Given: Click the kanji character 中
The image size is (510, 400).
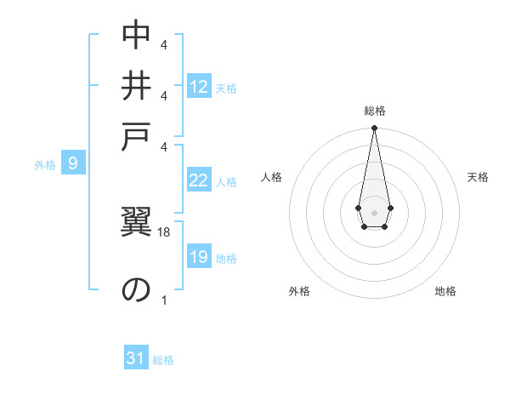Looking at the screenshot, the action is [x=136, y=35].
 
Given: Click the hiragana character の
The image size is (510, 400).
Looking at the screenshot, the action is [x=136, y=290].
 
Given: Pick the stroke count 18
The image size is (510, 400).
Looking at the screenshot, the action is [x=165, y=231].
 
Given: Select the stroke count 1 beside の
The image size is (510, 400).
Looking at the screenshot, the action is [x=164, y=300].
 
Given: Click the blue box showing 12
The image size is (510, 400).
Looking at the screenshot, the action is [x=199, y=87].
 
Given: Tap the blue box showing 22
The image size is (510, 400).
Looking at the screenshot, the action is [x=199, y=180].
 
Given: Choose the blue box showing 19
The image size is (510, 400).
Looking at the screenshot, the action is [x=199, y=257].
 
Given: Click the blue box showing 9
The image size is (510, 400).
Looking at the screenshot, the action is [x=73, y=163].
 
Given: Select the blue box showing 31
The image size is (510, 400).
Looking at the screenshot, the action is [x=136, y=358].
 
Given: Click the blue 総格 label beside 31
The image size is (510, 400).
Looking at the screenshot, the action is [x=163, y=360].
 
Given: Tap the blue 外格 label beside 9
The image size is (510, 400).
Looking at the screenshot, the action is [x=45, y=165].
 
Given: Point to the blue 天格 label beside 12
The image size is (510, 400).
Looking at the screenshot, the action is [x=226, y=89].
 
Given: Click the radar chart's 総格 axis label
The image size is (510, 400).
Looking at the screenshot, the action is [x=374, y=111].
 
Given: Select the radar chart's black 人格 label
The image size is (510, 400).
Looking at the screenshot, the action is [x=272, y=177].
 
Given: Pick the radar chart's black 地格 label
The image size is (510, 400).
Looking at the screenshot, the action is [x=445, y=291].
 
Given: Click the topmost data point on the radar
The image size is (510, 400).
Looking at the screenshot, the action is [x=374, y=128].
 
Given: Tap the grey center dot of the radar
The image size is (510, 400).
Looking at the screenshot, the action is [x=374, y=212].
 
